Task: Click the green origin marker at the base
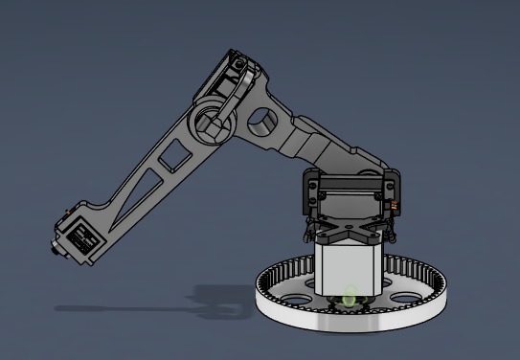350,298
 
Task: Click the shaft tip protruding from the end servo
53,252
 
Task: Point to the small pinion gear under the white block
346,304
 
